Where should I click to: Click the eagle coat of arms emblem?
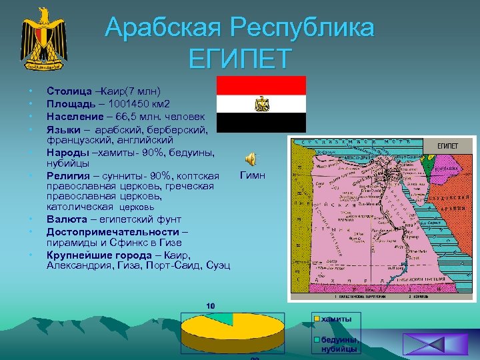pos(44,39)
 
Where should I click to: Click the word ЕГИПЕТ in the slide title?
pos(239,59)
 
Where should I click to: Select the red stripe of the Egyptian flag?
pos(261,85)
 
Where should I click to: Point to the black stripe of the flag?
pos(261,121)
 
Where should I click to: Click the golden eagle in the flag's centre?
pos(261,103)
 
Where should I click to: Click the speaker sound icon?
pos(251,159)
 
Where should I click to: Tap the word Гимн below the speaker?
pos(252,176)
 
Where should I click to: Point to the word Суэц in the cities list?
pos(218,265)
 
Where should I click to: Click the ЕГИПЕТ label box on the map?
pos(447,146)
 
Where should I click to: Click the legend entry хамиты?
pos(336,319)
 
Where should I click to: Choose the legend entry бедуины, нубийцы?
pos(339,345)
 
